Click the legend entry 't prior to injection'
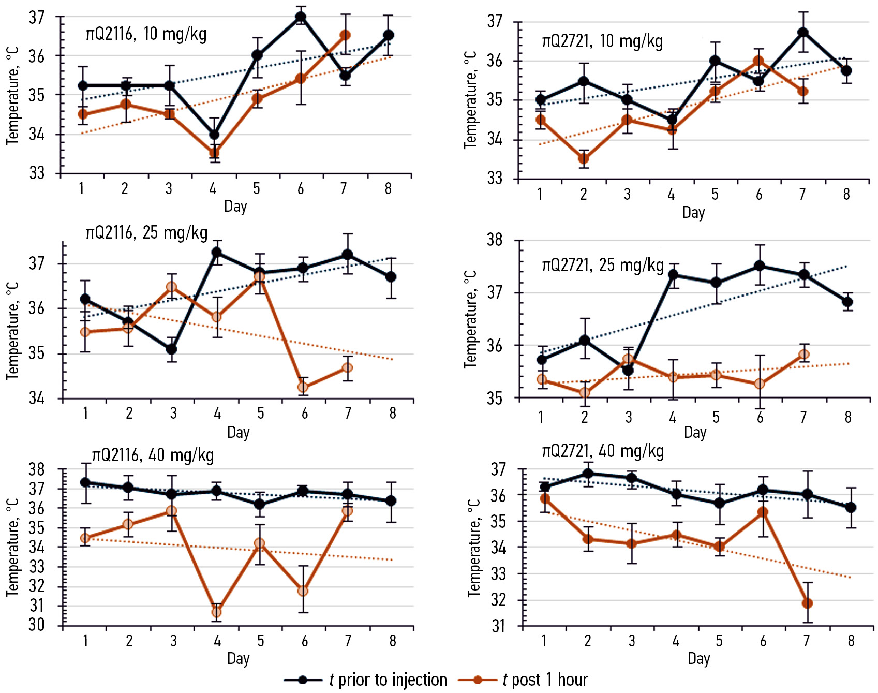[x=388, y=680]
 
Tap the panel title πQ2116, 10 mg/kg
[x=146, y=34]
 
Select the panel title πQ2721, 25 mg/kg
[x=603, y=266]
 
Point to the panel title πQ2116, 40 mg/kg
[x=153, y=455]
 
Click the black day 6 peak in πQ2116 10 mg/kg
[x=301, y=17]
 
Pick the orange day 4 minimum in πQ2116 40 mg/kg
[x=216, y=612]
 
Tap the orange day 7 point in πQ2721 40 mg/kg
[x=807, y=603]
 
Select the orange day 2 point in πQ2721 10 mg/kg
[x=584, y=159]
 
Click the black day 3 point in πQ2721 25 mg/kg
[x=628, y=370]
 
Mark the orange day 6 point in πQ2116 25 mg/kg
[x=303, y=387]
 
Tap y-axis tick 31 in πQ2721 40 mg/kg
[x=498, y=627]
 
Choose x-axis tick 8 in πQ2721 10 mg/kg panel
[x=846, y=195]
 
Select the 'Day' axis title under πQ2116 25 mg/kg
[x=238, y=432]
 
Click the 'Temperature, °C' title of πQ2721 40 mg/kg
[x=474, y=548]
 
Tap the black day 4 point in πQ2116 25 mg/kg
[x=216, y=252]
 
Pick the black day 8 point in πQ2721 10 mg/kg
[x=846, y=71]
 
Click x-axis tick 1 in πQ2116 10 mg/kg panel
[x=81, y=189]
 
